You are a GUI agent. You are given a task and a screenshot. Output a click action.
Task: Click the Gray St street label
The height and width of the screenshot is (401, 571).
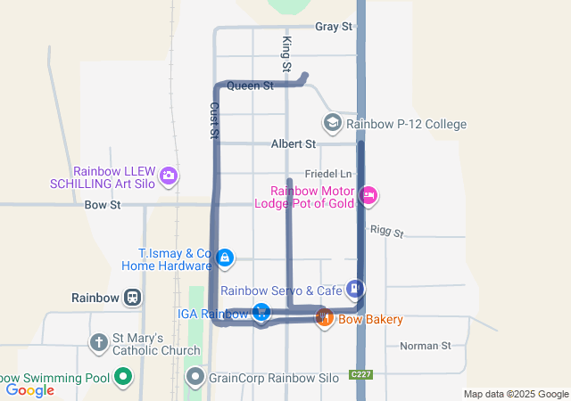tap(335, 27)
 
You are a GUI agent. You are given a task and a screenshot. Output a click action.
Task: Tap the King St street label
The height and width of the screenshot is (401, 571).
tap(286, 54)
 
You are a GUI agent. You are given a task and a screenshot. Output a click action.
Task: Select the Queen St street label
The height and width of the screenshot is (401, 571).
tap(250, 86)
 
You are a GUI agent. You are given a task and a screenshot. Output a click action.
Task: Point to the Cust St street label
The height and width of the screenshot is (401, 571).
tap(214, 119)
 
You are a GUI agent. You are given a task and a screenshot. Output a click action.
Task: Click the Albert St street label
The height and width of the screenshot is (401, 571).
tap(294, 143)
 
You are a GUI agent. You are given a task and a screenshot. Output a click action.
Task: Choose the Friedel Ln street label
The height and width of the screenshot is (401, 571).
tap(329, 173)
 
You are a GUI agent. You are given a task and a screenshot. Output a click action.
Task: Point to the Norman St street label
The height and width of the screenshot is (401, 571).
tap(426, 346)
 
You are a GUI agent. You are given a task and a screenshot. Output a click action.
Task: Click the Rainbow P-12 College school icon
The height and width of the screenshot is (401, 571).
tap(332, 123)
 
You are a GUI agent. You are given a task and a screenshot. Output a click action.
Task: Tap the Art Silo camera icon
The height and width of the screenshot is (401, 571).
tap(169, 176)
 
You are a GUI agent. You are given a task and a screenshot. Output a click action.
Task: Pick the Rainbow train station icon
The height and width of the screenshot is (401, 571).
tap(132, 298)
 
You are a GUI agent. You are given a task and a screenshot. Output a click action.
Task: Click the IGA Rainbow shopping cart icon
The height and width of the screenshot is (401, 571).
tap(261, 312)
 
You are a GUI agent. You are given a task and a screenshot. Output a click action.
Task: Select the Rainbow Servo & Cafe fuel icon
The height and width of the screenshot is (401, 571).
tap(355, 289)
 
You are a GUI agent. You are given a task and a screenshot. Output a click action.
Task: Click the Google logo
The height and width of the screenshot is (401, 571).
tap(30, 389)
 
